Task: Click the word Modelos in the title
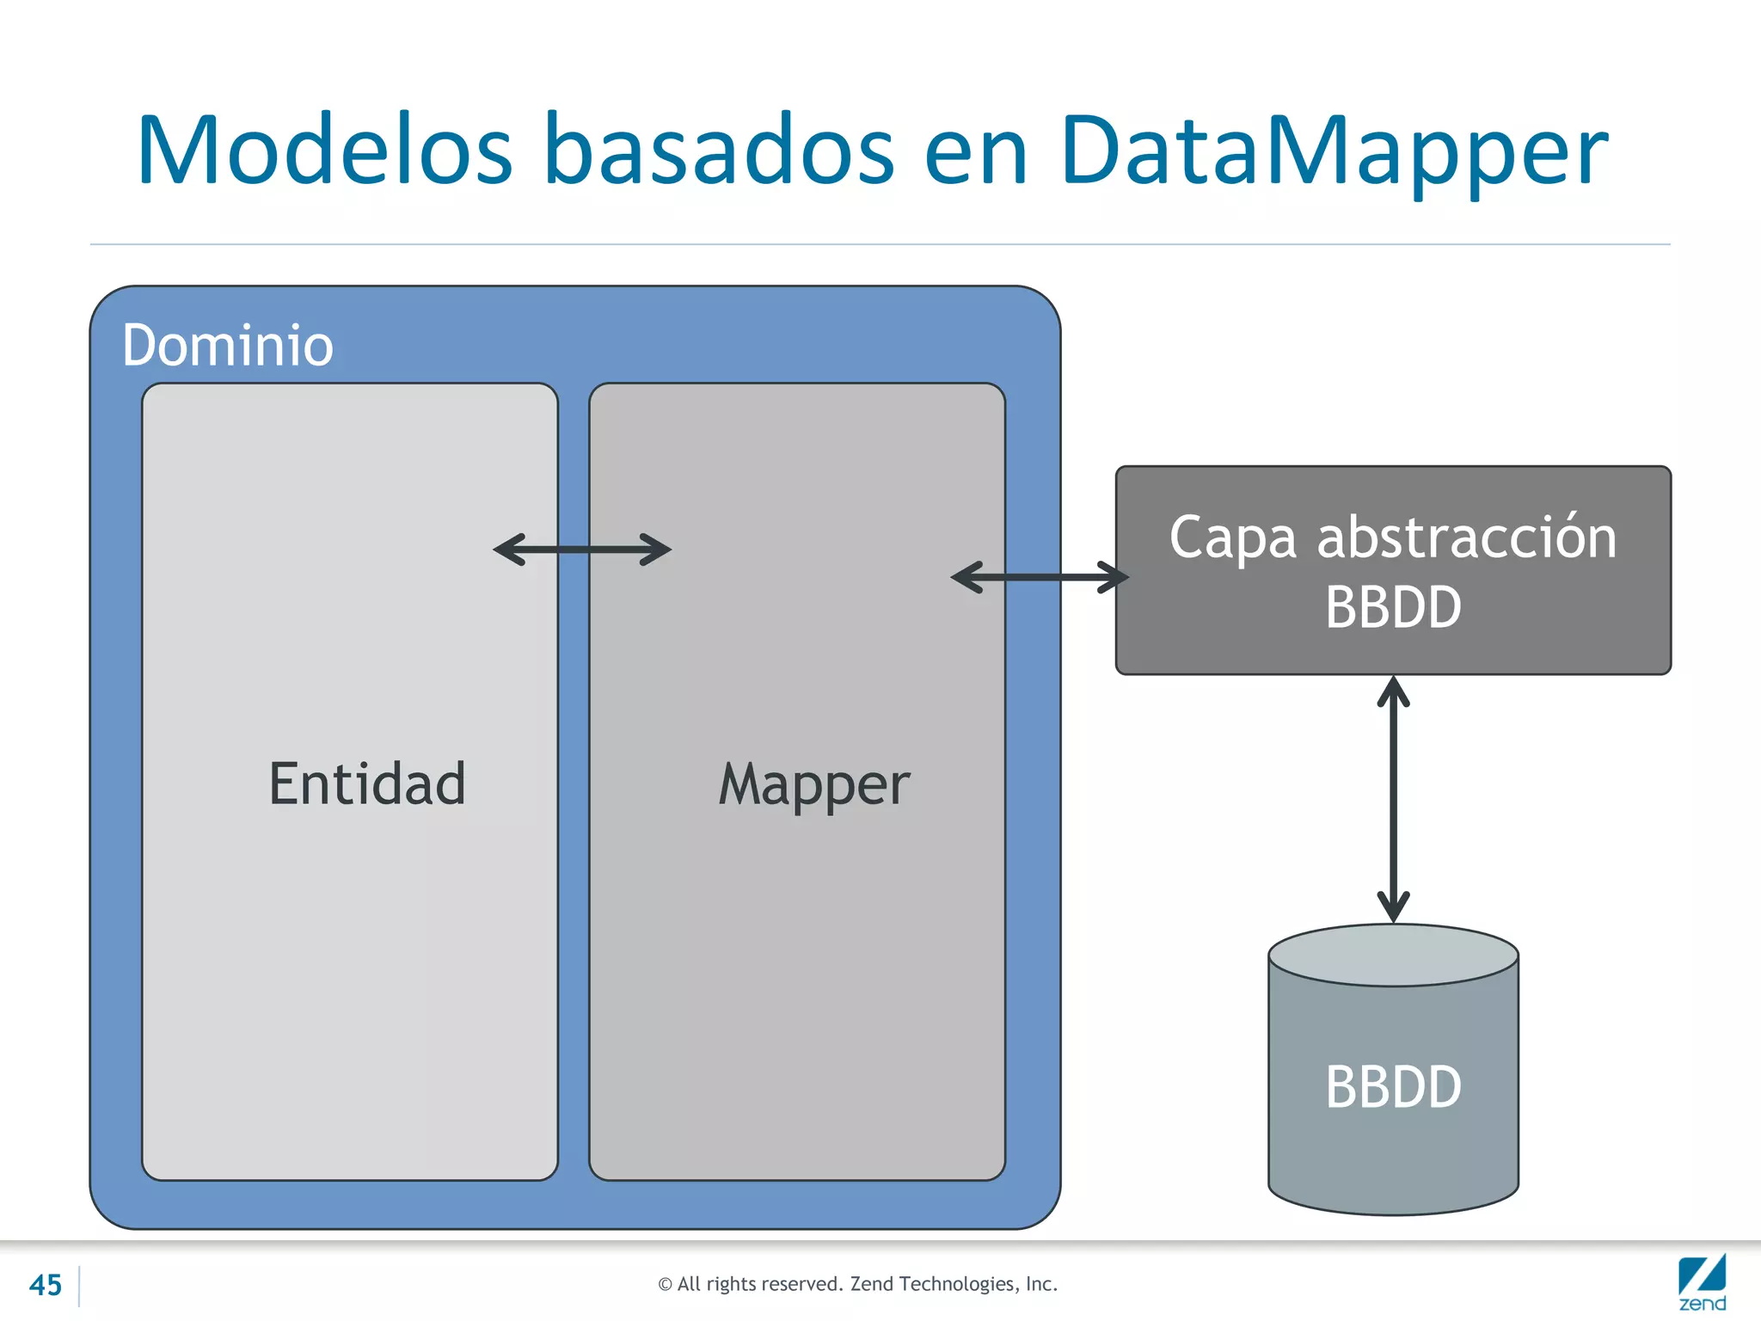325,151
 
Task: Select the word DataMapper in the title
1334,151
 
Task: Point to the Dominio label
228,346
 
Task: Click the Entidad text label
367,784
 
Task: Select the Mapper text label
814,784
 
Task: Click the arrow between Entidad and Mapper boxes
582,550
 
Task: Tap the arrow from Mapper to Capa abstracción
1040,577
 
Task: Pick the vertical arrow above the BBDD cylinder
1393,800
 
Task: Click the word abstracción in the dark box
1467,538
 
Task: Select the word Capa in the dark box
1233,538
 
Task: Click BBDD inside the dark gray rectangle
1393,607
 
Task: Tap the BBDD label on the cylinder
1393,1087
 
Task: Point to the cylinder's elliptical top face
1393,955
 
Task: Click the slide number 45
46,1285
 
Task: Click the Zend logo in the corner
1702,1283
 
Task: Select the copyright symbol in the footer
665,1285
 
